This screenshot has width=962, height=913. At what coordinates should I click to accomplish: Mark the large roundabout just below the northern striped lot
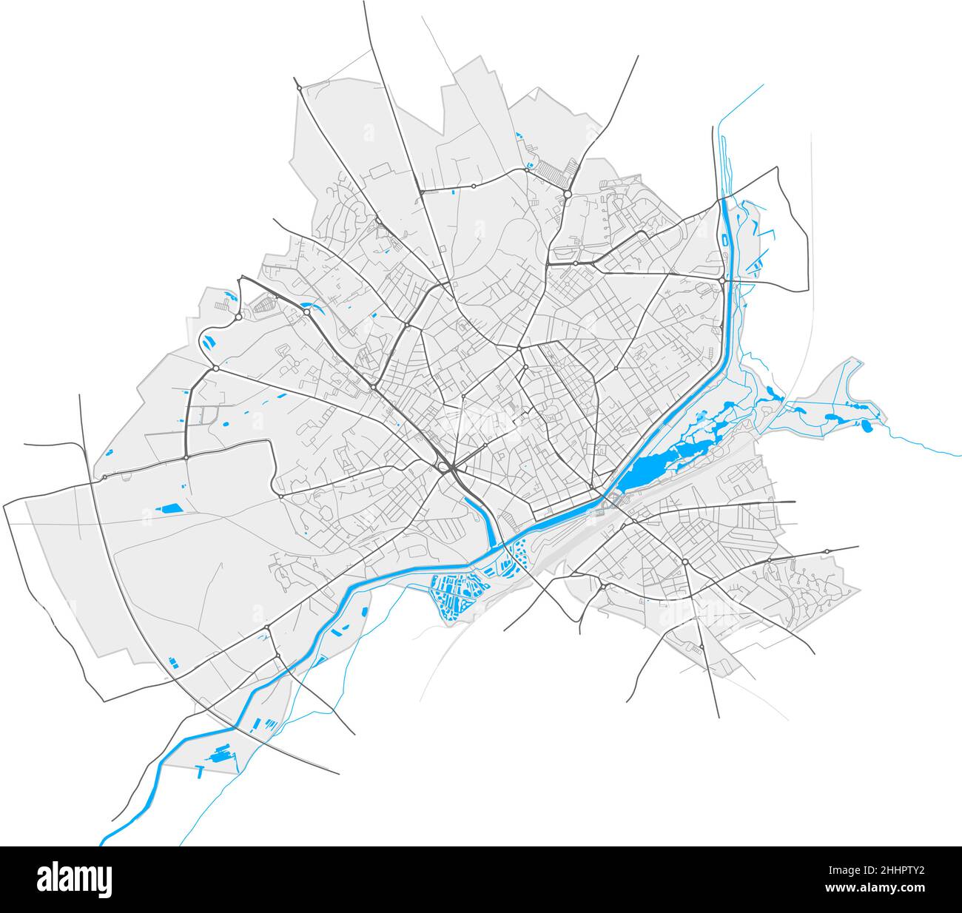pyautogui.click(x=566, y=194)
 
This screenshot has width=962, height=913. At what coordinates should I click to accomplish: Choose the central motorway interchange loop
pyautogui.click(x=445, y=466)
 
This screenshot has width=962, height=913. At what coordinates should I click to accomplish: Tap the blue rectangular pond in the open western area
pyautogui.click(x=172, y=508)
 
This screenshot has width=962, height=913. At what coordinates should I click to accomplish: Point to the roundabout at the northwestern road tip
pyautogui.click(x=299, y=88)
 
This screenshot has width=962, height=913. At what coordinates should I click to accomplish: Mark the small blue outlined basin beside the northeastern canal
pyautogui.click(x=722, y=239)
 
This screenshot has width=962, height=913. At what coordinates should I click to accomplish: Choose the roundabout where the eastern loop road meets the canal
pyautogui.click(x=722, y=280)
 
